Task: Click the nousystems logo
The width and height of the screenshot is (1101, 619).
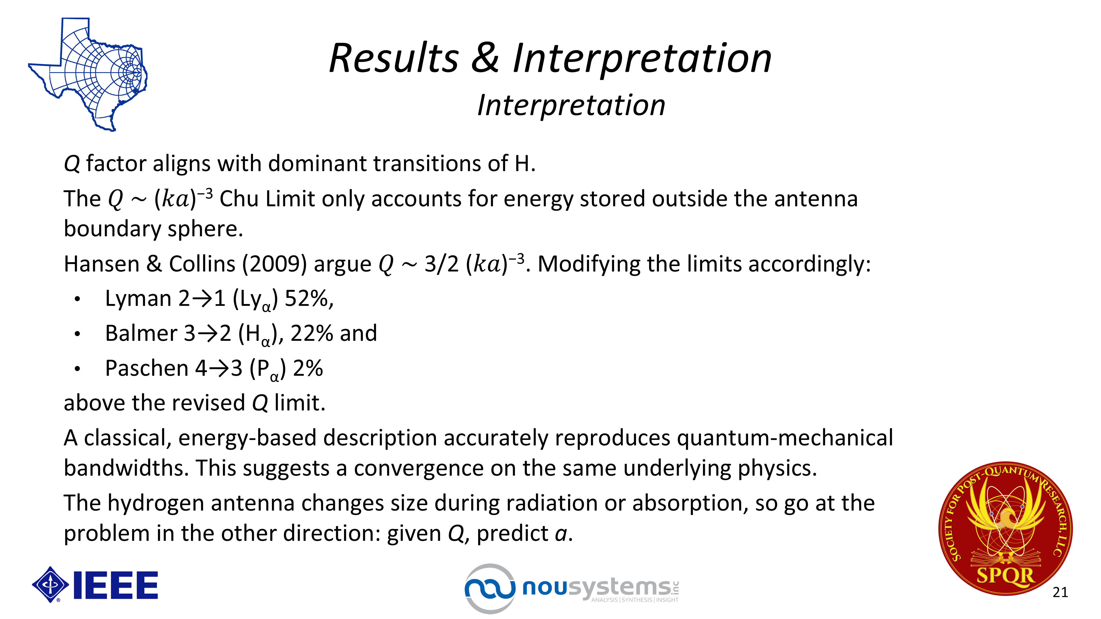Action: tap(572, 588)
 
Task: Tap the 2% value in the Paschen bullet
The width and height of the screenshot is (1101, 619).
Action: tap(308, 368)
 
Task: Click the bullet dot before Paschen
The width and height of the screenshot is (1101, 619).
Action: tap(77, 369)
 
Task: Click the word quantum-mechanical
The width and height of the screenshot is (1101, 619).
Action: tap(785, 438)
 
